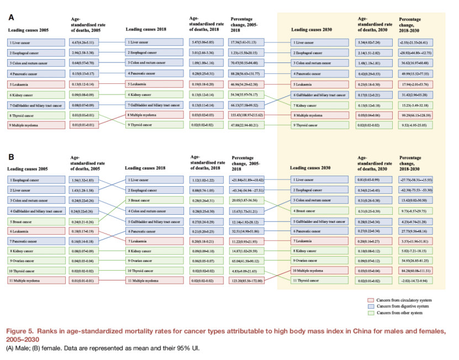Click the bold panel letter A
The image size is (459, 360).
coord(10,17)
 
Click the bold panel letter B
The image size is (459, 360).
coord(10,157)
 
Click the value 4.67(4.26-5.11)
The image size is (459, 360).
coord(83,42)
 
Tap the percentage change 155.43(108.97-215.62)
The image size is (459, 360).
coord(249,115)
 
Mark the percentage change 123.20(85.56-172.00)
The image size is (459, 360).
coord(249,280)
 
